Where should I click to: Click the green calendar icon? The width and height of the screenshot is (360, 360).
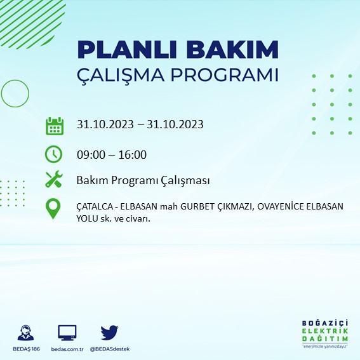pos(54,125)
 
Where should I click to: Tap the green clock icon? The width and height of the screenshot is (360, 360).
pos(54,154)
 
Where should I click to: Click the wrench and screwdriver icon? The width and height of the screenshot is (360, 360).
pos(54,180)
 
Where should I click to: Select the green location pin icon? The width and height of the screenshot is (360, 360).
pos(54,209)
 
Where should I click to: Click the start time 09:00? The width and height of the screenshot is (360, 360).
pos(90,154)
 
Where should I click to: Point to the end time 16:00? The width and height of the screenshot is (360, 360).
pos(133,154)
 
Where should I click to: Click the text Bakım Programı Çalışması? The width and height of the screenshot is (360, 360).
pos(143,181)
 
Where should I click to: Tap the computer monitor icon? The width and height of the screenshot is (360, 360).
pos(67,332)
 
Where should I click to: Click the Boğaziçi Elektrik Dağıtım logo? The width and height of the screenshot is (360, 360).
pos(324,334)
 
